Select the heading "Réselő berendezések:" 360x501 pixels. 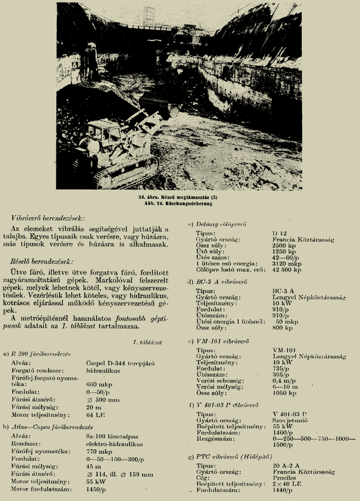42,262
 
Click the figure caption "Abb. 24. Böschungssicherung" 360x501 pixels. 179,203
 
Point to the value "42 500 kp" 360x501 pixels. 287,270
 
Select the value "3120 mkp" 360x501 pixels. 285,263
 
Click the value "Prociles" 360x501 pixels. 284,478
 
